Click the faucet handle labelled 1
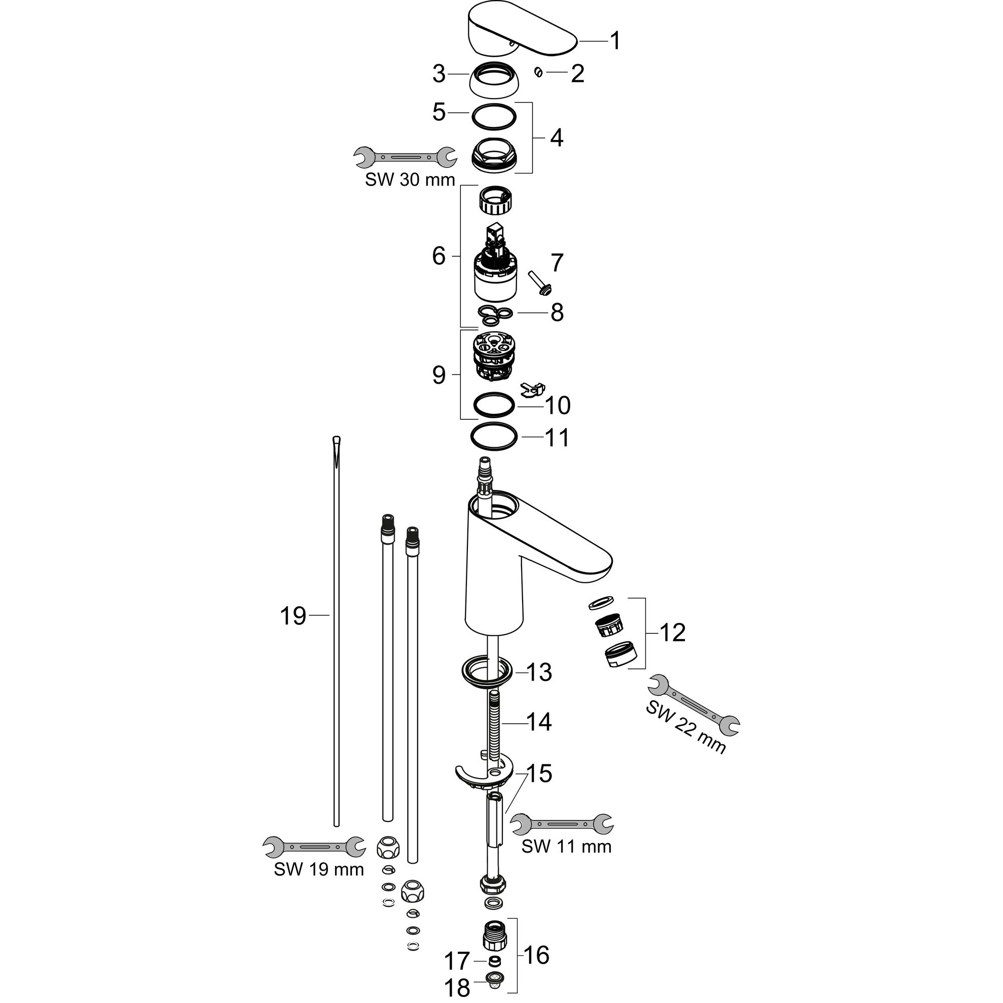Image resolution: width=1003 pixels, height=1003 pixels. [x=522, y=30]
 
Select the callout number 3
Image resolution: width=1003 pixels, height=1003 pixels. [x=439, y=74]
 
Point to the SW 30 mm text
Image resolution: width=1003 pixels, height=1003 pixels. [x=410, y=180]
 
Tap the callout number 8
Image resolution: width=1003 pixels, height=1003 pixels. [x=557, y=312]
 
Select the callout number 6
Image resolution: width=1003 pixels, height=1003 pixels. [x=439, y=256]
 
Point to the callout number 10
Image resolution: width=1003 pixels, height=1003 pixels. [x=557, y=405]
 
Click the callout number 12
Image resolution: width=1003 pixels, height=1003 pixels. [x=673, y=632]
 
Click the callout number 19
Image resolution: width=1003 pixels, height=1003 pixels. [x=293, y=616]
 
